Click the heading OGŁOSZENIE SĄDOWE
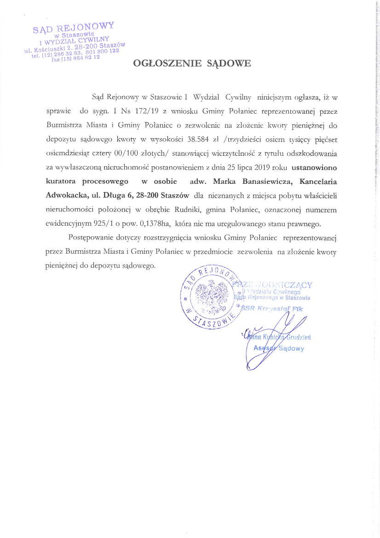click(x=192, y=64)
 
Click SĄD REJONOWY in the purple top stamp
click(x=74, y=27)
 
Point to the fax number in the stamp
click(x=76, y=59)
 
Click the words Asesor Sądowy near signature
click(x=278, y=348)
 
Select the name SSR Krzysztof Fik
click(x=273, y=308)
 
